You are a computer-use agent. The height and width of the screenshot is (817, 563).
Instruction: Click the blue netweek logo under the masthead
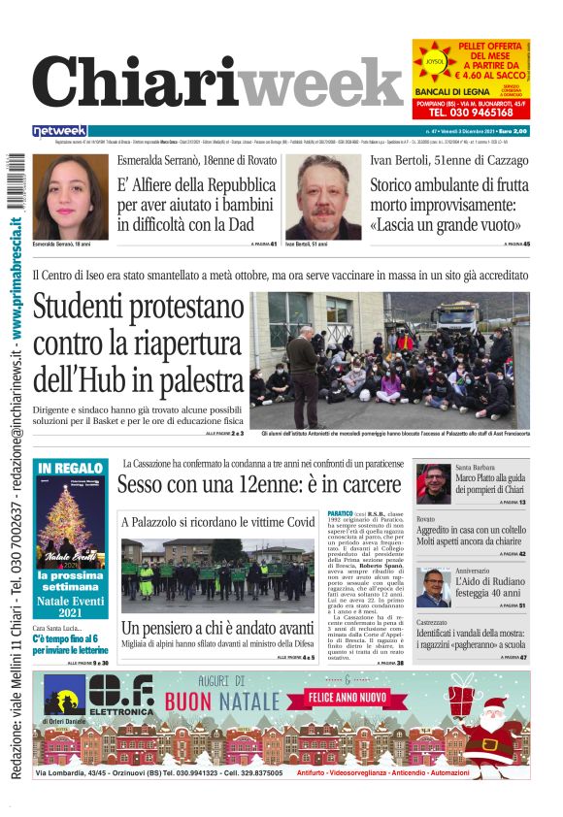pos(59,131)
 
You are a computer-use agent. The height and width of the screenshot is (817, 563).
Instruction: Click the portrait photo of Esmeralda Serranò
pos(70,197)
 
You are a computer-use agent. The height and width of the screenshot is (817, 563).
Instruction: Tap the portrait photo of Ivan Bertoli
pos(322,197)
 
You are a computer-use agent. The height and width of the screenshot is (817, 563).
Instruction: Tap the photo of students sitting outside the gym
pos(389,360)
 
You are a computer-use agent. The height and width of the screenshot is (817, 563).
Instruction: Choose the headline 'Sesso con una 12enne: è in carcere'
pos(262,483)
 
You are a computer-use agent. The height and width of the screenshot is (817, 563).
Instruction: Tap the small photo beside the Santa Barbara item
pos(432,482)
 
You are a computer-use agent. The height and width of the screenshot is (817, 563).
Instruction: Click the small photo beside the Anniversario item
pos(433,587)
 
